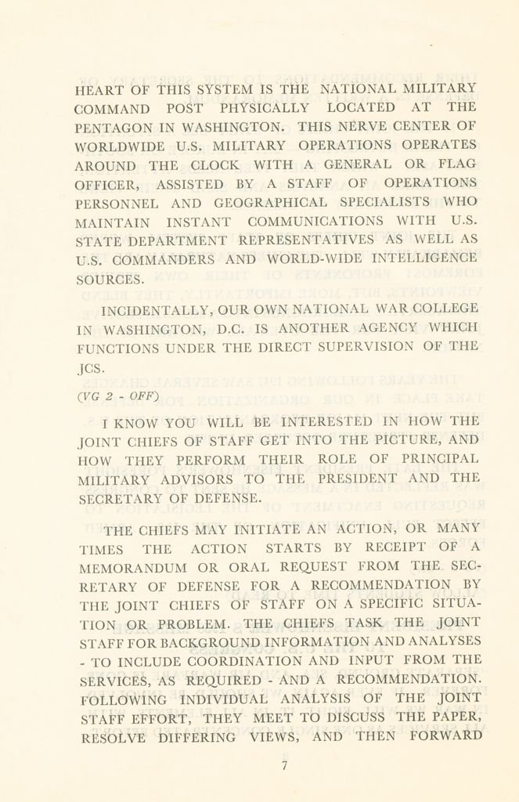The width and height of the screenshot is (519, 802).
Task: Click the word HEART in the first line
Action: pyautogui.click(x=99, y=89)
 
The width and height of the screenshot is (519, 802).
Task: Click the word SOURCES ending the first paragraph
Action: pyautogui.click(x=109, y=278)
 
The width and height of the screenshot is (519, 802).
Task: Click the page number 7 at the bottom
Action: pyautogui.click(x=284, y=766)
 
